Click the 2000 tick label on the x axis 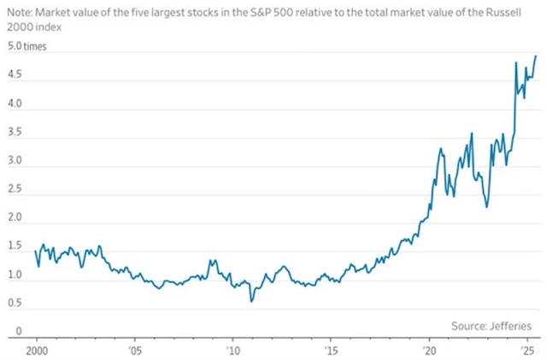[x=37, y=351]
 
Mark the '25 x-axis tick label [x=527, y=351]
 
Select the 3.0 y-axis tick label [x=16, y=162]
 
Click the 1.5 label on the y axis [x=16, y=245]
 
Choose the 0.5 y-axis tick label [x=16, y=302]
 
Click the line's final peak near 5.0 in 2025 [x=535, y=56]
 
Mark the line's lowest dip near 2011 [x=251, y=301]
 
